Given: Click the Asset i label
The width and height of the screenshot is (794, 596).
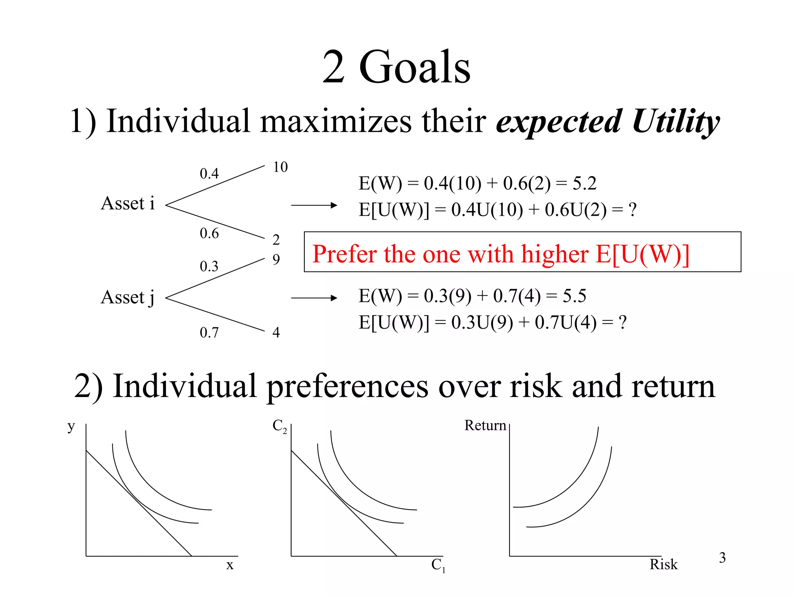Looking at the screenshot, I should pos(128,203).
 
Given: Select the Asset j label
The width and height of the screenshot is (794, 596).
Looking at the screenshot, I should pos(128,298).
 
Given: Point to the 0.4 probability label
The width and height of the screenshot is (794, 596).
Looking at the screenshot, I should pos(209,173).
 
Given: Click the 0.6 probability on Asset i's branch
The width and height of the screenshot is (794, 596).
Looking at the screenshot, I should pos(209,233).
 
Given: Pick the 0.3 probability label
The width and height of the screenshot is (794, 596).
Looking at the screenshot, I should pos(209,266).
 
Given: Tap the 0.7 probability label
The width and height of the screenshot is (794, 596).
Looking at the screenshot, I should pos(209,333).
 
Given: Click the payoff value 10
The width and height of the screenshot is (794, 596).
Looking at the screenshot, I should pos(280,167).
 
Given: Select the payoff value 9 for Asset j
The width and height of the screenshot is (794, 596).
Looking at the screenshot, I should pos(276,259).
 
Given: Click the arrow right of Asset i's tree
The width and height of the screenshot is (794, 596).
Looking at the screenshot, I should pos(314,205).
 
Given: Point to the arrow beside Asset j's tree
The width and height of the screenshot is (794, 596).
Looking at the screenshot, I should pos(314,298).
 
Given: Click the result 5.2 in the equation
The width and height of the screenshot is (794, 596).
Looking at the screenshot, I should pos(584,184).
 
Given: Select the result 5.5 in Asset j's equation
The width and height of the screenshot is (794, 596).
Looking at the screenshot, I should pos(574,296).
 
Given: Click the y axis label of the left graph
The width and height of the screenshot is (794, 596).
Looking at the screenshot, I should pos(71,426).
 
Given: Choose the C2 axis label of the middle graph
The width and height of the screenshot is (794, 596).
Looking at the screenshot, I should pos(280,426).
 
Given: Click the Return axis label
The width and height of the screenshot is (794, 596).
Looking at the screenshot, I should pos(485,426).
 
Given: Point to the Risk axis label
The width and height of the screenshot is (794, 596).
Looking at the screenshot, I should pos(663,564).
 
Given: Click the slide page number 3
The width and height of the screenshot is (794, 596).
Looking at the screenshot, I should pos(722,558).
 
